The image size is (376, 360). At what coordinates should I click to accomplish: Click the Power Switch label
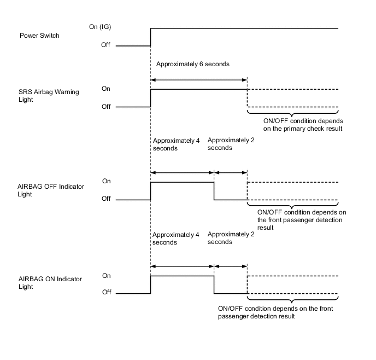click(x=39, y=36)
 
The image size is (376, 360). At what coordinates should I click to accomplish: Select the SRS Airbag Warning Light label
click(x=49, y=96)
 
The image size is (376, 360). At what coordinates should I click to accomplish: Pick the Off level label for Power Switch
click(x=105, y=45)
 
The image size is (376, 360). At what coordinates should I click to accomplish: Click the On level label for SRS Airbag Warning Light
click(x=105, y=89)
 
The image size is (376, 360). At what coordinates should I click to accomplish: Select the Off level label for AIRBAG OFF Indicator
click(x=105, y=199)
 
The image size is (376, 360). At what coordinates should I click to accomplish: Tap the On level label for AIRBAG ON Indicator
click(x=105, y=276)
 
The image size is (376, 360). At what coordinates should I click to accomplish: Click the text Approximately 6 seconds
click(x=192, y=64)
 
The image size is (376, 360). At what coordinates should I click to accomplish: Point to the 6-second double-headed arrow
click(x=199, y=80)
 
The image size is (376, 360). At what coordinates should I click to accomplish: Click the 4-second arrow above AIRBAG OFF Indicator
click(x=182, y=172)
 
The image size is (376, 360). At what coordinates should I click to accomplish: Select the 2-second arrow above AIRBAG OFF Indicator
click(x=231, y=172)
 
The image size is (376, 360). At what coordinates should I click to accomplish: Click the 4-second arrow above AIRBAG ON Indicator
click(x=182, y=266)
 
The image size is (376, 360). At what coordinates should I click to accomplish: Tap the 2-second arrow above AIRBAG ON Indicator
click(x=231, y=266)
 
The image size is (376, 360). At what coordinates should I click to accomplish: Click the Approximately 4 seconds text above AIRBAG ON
click(x=176, y=238)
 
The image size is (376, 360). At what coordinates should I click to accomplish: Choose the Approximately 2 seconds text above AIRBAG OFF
click(x=231, y=143)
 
